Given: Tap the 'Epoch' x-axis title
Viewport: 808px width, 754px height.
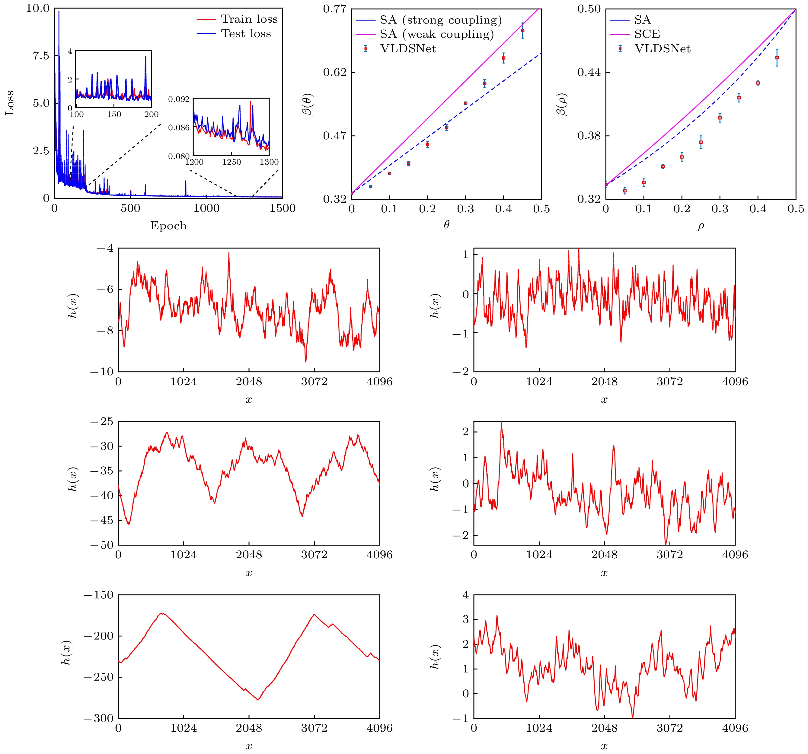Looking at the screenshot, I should point(168,226).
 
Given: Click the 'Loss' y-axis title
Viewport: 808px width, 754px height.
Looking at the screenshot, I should point(9,103).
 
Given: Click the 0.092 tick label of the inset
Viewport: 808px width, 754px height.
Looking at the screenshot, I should point(179,99).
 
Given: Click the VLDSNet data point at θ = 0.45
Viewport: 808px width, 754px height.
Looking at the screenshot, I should point(523,31).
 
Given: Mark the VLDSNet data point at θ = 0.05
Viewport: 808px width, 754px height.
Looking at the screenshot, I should point(370,186).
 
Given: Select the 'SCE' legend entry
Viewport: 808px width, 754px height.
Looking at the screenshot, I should point(647,34).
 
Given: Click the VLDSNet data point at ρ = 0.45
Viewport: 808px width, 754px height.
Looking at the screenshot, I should point(777,58).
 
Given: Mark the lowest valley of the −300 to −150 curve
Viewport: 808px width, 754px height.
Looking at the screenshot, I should point(258,700).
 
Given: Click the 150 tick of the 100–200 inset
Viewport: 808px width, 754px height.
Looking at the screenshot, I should point(114,114).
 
